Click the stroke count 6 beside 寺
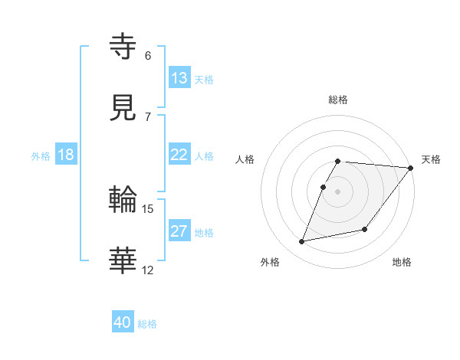(148, 55)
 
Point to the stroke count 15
(148, 208)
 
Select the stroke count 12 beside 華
(148, 270)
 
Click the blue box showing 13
(179, 78)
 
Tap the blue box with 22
(179, 155)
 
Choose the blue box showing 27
(179, 231)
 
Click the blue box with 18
(66, 155)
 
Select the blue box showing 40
(123, 322)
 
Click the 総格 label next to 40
(147, 324)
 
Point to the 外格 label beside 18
(41, 156)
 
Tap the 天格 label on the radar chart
(431, 159)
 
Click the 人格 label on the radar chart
(246, 159)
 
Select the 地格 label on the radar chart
(402, 262)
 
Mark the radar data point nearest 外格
(302, 242)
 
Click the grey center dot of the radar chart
(337, 191)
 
